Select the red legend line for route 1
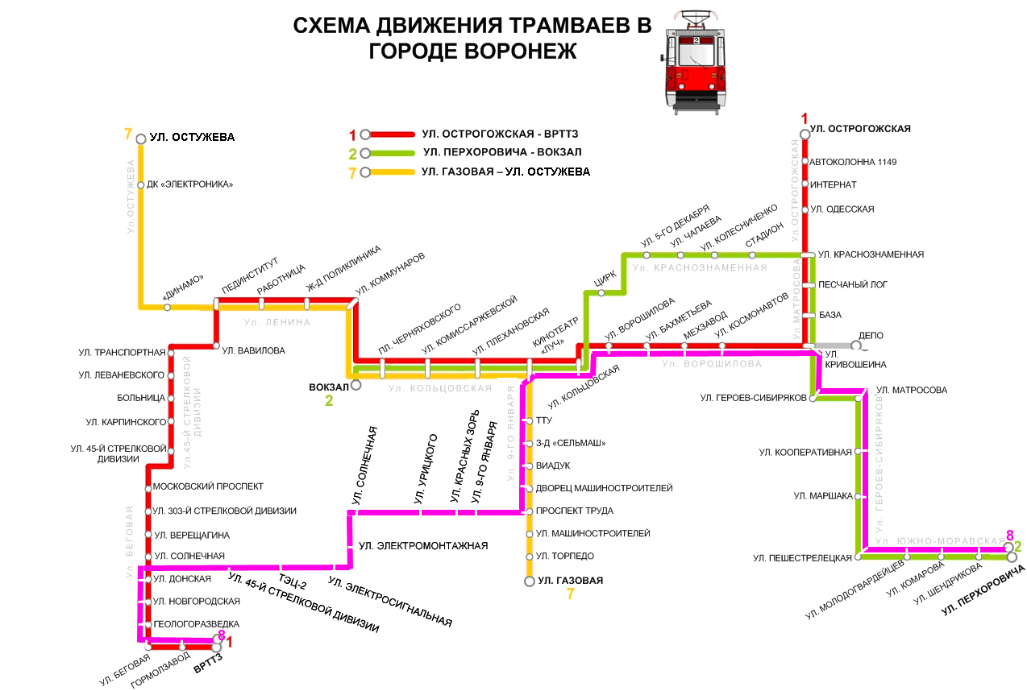pos(391,134)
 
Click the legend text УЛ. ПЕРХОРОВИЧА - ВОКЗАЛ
pos(501,152)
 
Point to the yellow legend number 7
pos(351,173)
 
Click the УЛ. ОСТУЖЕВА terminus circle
pos(141,139)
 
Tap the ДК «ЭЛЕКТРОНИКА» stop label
pos(190,184)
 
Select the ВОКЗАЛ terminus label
pos(328,387)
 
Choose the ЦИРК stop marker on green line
pos(601,293)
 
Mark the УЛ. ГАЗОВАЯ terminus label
pos(571,580)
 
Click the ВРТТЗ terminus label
pos(208,668)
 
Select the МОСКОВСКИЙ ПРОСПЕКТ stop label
pos(208,486)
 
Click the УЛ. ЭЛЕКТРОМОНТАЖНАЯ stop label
pos(423,546)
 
